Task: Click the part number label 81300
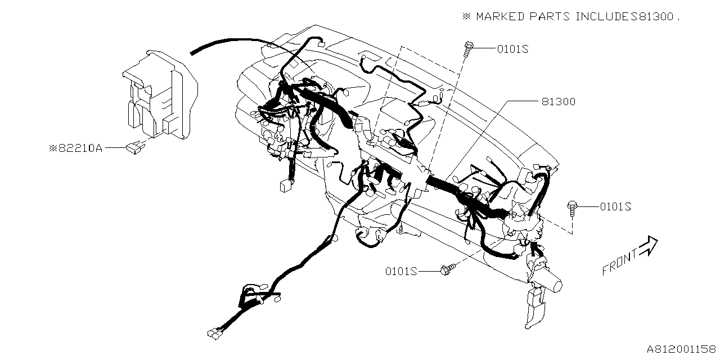pos(559,102)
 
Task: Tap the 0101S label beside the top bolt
pos(512,49)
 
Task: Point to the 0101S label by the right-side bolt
pos(615,206)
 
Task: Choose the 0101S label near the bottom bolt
pos(400,271)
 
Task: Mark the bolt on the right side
pos(572,207)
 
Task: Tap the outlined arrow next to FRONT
pos(649,245)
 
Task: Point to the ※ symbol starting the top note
pos(466,16)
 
